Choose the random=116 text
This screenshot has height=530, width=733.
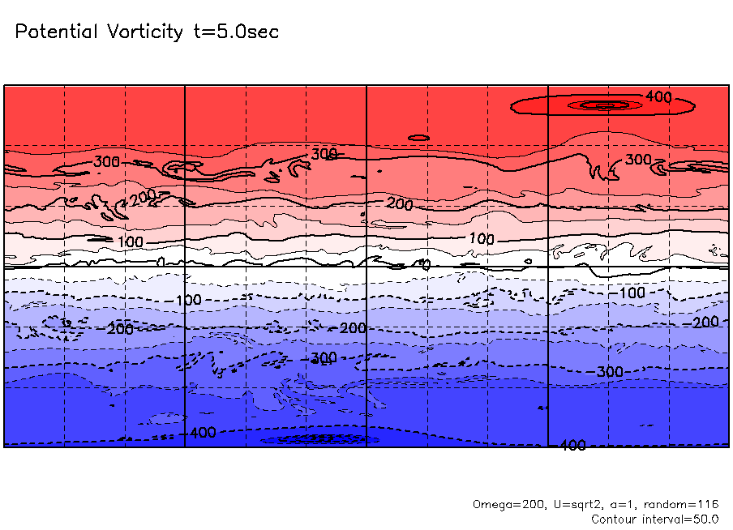[x=679, y=504]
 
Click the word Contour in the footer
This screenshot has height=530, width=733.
[x=616, y=519]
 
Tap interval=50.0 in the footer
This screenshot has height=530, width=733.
[x=684, y=519]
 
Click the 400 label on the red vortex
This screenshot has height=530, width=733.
[x=658, y=97]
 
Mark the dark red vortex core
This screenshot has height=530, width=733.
[x=601, y=105]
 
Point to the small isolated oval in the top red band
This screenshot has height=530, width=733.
[x=418, y=138]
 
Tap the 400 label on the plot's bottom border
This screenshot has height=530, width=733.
[x=572, y=446]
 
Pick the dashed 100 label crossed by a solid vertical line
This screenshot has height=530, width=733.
[x=188, y=301]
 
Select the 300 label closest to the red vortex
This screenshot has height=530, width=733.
[x=639, y=160]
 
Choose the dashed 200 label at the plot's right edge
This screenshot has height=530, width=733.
[x=705, y=323]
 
